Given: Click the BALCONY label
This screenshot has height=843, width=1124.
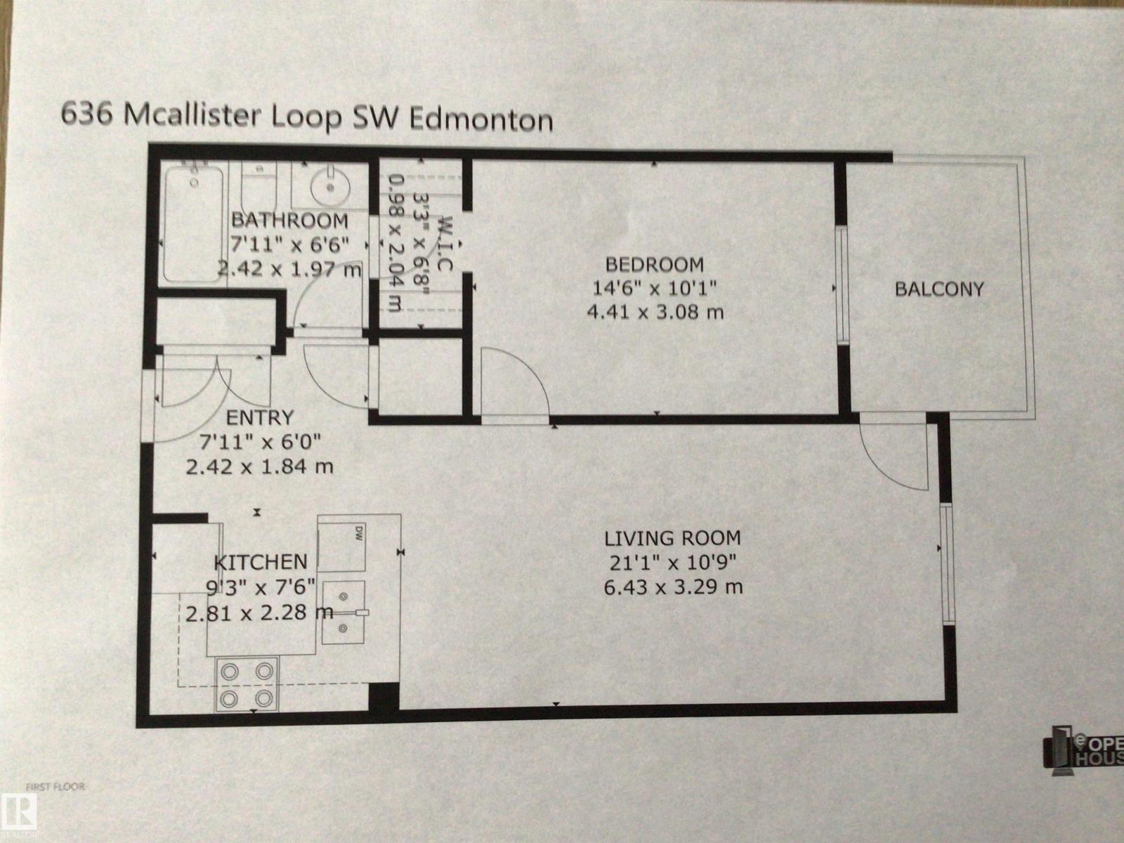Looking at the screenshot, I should [939, 289].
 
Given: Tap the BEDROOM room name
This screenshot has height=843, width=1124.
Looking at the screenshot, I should [654, 265].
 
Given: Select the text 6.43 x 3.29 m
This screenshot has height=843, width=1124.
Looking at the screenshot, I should [672, 587].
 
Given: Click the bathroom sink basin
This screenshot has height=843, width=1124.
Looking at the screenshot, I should [329, 186].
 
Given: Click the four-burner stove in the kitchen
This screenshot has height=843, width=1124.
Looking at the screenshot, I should [247, 684].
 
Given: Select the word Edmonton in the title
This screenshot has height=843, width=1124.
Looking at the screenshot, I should [481, 119].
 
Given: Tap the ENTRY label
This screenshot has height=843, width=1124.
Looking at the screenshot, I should [259, 418].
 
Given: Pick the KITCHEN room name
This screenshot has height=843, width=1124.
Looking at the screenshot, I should [260, 562].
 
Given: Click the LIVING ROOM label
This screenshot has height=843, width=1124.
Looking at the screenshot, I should [672, 539].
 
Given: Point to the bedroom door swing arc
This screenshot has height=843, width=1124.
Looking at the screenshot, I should [516, 383].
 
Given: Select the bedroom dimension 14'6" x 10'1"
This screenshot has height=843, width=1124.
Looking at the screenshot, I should [654, 288].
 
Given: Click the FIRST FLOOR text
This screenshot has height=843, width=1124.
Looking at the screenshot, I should [55, 786].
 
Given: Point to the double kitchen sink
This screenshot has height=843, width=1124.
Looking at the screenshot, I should [344, 612].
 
